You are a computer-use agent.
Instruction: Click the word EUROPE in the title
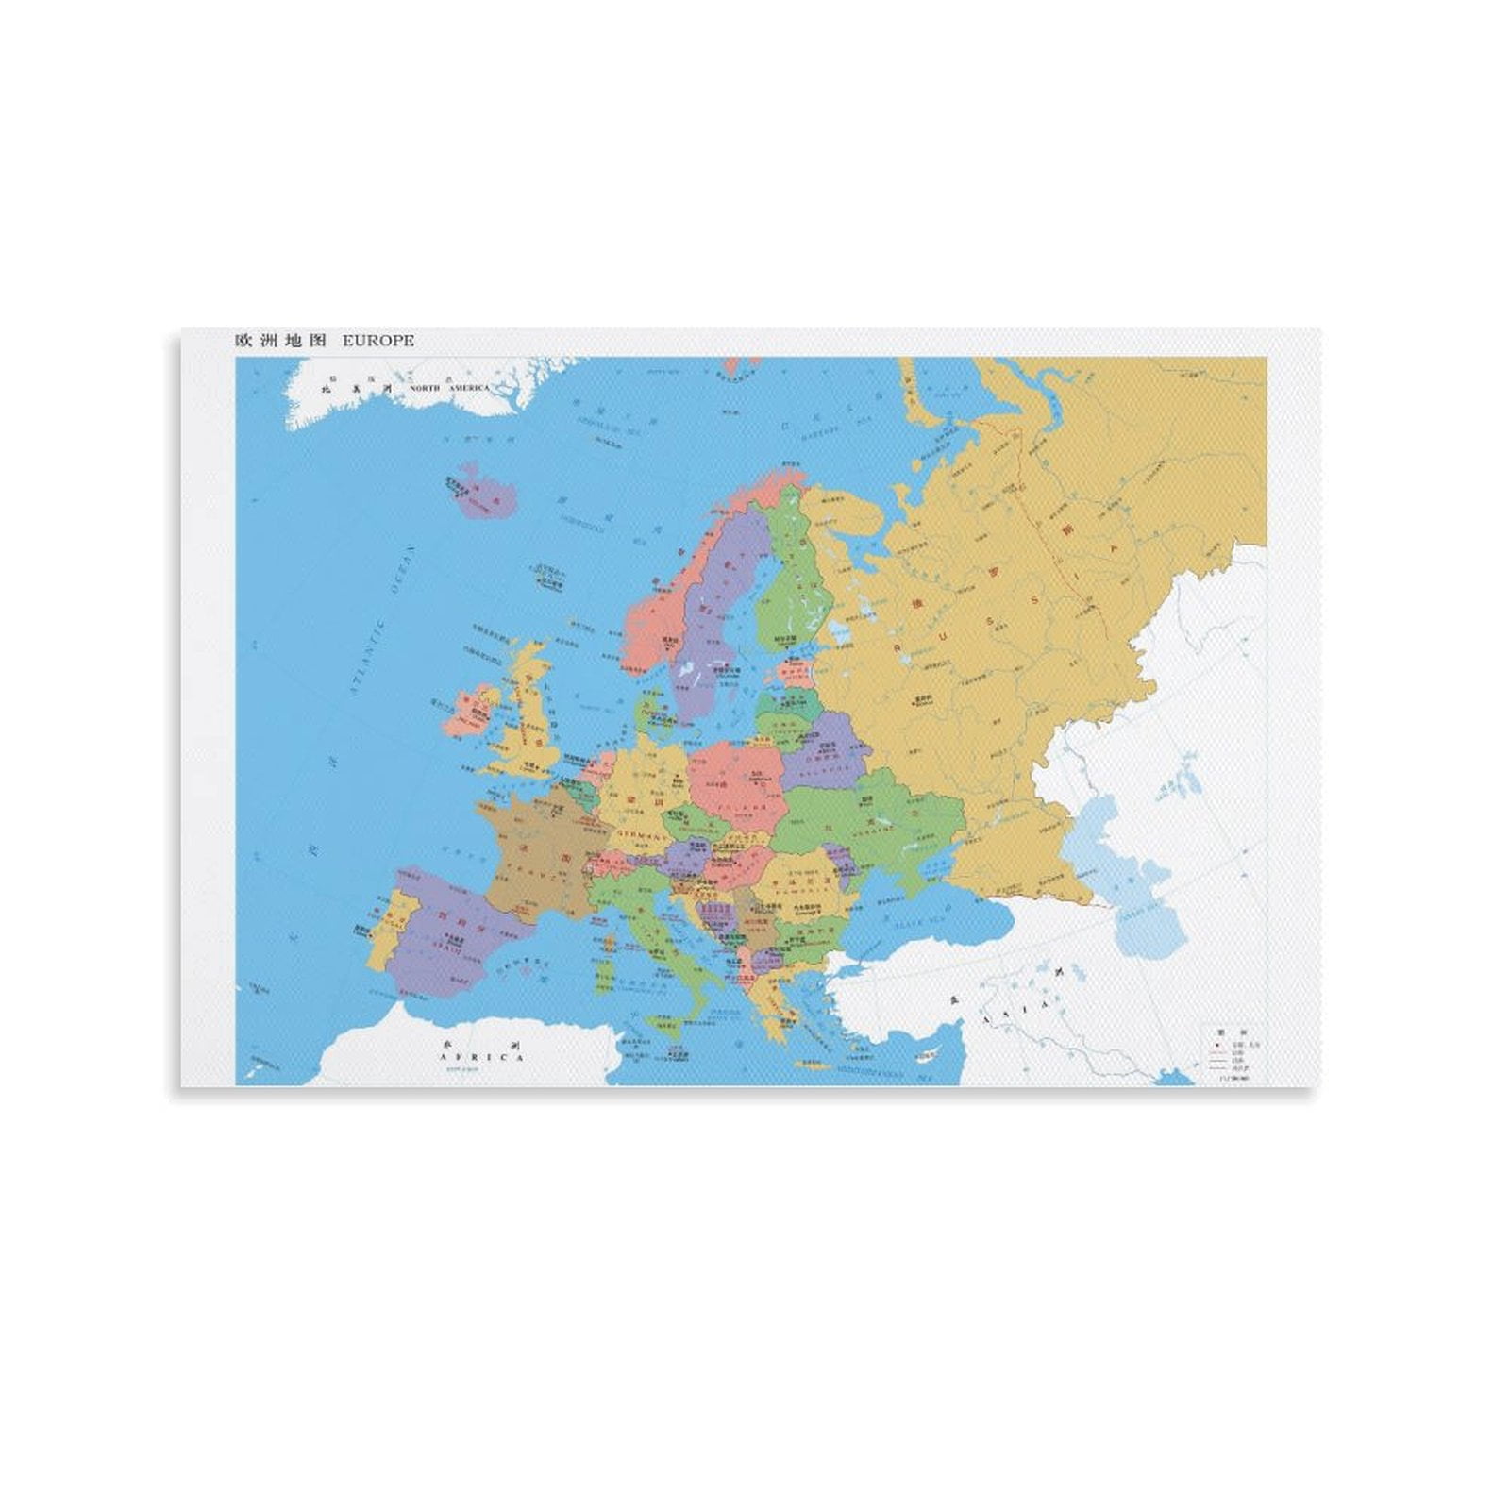point(377,341)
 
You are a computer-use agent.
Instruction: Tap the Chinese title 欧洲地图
point(280,341)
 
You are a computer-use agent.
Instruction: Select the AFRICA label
point(481,1057)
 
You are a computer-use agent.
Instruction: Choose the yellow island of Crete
point(814,1064)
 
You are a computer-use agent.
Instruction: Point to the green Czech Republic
point(693,821)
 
